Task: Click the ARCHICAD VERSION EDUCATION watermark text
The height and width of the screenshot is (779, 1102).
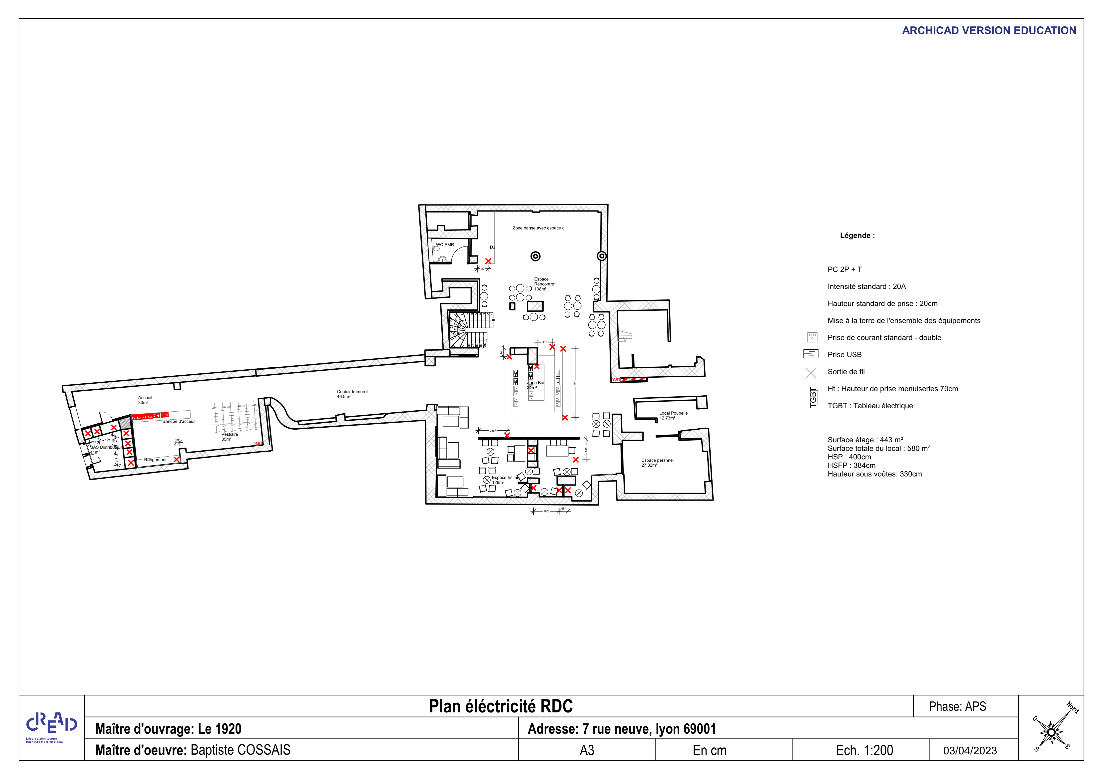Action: pos(988,30)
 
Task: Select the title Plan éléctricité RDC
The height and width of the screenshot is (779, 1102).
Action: pos(501,706)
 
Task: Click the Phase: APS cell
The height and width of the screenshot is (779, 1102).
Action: pos(957,706)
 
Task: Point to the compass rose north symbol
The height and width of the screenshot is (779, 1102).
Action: pos(1051,731)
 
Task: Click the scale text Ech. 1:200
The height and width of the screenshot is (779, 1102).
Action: pos(864,750)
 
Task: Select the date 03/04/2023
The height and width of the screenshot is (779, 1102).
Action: pos(969,751)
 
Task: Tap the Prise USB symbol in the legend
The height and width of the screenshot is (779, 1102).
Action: pos(810,354)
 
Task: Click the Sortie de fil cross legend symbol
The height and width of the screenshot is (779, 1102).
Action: pos(811,372)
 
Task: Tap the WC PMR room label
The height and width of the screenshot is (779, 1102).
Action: pos(444,245)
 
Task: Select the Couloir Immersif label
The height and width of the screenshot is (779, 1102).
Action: pos(352,392)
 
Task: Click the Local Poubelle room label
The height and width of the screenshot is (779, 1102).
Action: pos(673,413)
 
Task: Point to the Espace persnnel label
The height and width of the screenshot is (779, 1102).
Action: pos(657,460)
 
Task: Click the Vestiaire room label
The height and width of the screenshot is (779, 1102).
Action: pos(230,434)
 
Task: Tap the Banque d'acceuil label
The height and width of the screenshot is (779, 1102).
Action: pos(179,421)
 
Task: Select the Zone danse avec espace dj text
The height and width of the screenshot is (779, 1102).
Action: pos(539,228)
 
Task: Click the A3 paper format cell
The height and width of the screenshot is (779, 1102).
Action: pos(587,750)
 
